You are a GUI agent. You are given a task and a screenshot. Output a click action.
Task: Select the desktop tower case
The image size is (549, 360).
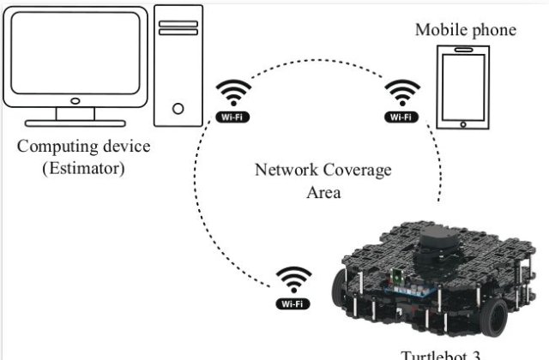click(178, 64)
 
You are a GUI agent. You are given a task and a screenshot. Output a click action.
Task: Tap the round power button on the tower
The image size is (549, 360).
click(178, 109)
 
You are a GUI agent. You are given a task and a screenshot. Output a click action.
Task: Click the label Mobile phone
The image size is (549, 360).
click(466, 31)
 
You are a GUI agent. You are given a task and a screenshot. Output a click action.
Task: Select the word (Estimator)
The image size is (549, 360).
click(83, 167)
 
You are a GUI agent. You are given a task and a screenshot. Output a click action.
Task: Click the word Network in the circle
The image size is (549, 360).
click(284, 170)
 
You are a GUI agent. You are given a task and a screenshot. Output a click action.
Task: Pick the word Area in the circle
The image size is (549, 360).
click(323, 192)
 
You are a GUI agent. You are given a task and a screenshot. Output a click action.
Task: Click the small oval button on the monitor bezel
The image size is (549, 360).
click(75, 99)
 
